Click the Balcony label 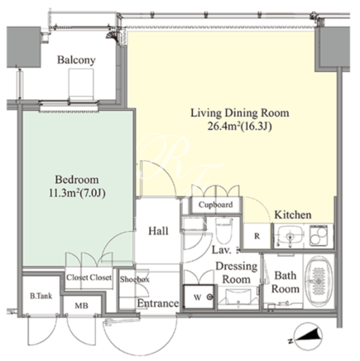tap(76, 60)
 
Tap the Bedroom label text tap(77, 180)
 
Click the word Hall tap(158, 231)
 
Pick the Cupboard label tap(215, 205)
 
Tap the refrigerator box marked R tap(257, 236)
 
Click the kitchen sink tap(290, 236)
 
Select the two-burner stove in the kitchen tap(319, 236)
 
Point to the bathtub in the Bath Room tap(319, 281)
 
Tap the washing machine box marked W tap(199, 297)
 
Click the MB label tap(82, 306)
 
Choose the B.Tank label tap(41, 296)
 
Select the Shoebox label tap(134, 280)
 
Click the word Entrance tap(158, 303)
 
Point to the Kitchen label tap(293, 214)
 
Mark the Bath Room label tap(286, 282)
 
